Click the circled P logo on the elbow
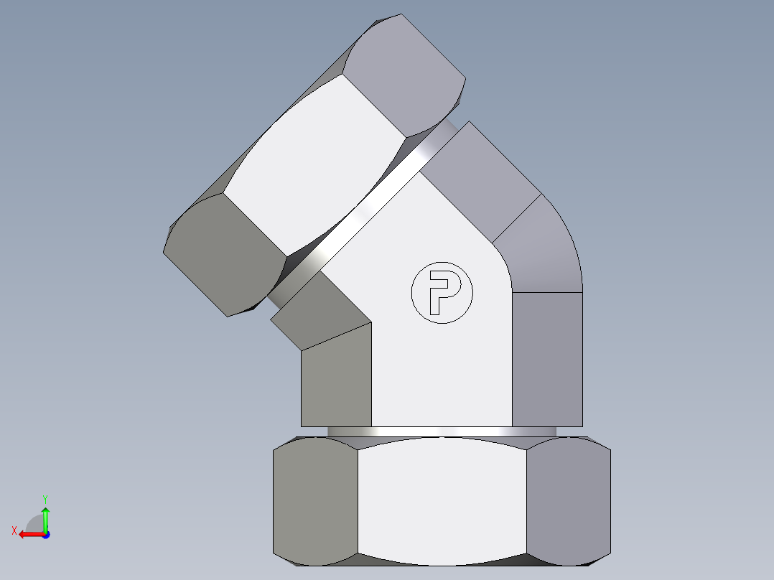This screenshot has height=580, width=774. click(442, 292)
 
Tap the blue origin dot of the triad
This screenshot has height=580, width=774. click(45, 534)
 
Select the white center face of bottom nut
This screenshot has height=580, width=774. click(442, 500)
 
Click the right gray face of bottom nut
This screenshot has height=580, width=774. click(569, 500)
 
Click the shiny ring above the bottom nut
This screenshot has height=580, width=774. click(442, 431)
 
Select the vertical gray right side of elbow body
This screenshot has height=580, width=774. click(546, 359)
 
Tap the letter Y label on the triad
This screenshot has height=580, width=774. click(45, 497)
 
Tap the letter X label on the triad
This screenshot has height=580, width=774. click(14, 530)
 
